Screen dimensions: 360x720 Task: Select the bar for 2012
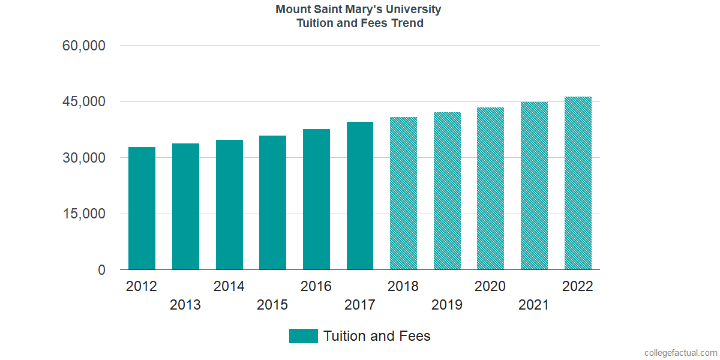click(142, 208)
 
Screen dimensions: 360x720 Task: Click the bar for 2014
click(229, 205)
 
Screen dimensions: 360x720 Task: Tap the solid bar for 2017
click(360, 196)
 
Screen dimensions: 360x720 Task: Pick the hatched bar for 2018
click(403, 193)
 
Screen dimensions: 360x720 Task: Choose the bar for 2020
click(490, 188)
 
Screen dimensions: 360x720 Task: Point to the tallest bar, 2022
click(578, 183)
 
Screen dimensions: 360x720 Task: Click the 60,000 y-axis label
click(84, 46)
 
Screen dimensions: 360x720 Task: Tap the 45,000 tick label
click(84, 102)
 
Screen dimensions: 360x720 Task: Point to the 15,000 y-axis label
click(84, 214)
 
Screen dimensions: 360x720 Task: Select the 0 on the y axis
click(101, 271)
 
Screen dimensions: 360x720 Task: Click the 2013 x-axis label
click(185, 305)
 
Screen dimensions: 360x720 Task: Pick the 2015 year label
click(272, 305)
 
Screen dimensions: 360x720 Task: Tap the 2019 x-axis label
click(447, 305)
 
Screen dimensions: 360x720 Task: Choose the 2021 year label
click(534, 305)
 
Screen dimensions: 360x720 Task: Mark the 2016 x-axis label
click(316, 286)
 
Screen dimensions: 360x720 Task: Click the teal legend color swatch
click(303, 336)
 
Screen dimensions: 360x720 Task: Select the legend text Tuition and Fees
click(377, 336)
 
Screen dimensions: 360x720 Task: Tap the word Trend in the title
click(408, 23)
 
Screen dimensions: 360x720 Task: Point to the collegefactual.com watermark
click(680, 352)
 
